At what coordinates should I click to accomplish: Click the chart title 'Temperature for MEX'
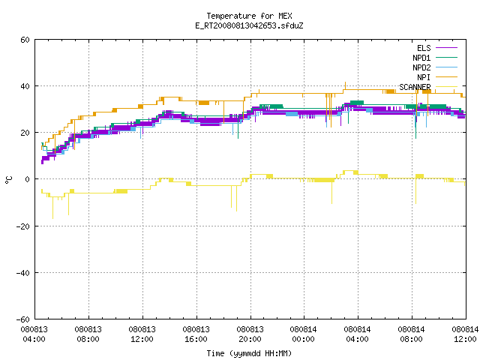click(x=249, y=16)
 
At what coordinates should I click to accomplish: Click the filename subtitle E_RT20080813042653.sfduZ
click(x=249, y=25)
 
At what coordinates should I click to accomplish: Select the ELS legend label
click(x=424, y=48)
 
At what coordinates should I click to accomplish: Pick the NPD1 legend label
click(x=421, y=58)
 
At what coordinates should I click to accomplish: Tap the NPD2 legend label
click(x=421, y=67)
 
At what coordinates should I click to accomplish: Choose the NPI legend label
click(x=424, y=77)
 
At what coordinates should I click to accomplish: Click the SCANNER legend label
click(x=415, y=87)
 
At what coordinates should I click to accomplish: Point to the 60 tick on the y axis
click(x=25, y=40)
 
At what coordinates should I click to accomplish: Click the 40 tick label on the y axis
click(x=25, y=86)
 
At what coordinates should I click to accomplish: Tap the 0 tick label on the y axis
click(x=28, y=179)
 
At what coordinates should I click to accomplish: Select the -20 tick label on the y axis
click(x=23, y=226)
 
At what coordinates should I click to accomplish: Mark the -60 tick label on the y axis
click(x=23, y=319)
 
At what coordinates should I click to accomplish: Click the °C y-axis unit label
click(x=8, y=180)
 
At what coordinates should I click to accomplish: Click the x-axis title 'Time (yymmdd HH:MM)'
click(x=249, y=353)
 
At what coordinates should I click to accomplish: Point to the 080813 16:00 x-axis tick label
click(x=196, y=334)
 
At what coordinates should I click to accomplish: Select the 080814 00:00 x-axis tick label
click(x=303, y=334)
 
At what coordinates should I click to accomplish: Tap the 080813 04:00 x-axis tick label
click(x=34, y=334)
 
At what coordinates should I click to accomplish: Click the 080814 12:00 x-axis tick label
click(x=465, y=334)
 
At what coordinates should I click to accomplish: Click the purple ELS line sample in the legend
click(x=446, y=48)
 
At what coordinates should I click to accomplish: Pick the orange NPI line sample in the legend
click(x=446, y=77)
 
